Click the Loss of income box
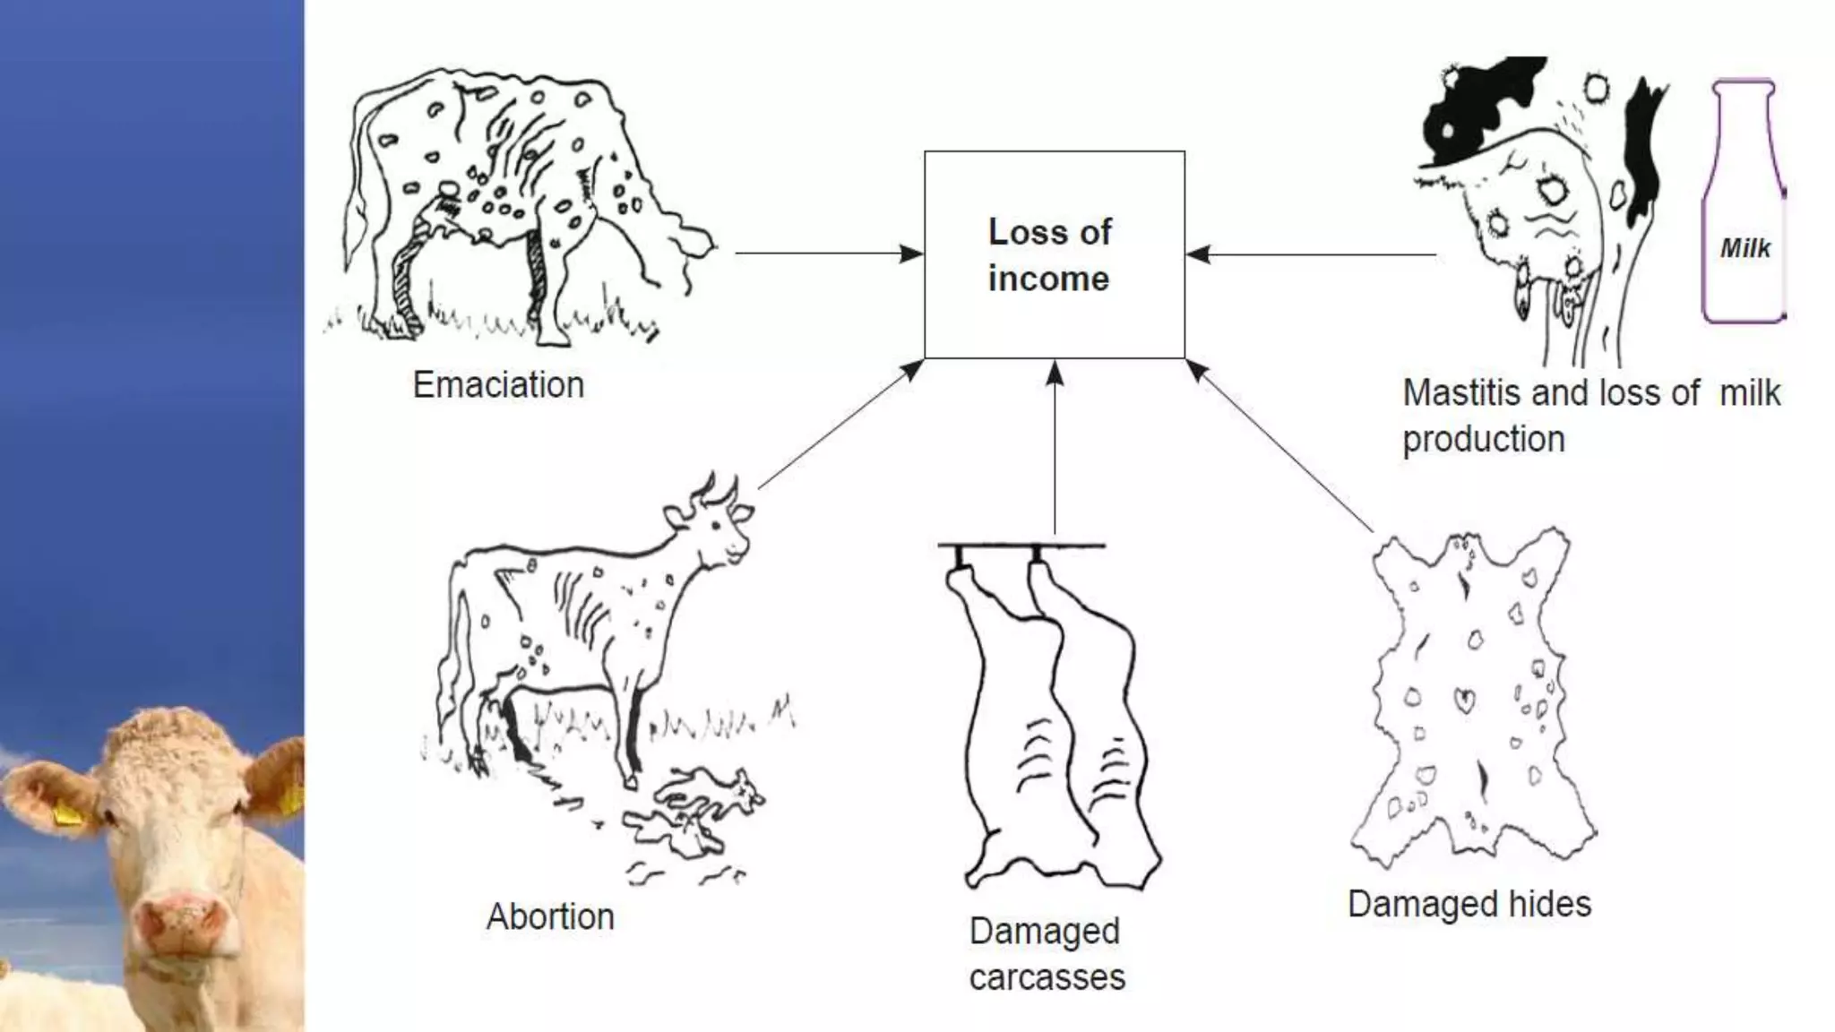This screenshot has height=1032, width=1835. click(x=1054, y=254)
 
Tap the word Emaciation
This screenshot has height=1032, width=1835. click(x=498, y=385)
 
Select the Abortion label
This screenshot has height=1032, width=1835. click(x=550, y=916)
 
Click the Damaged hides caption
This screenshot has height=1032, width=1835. click(x=1469, y=904)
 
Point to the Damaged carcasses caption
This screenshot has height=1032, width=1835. click(x=1047, y=954)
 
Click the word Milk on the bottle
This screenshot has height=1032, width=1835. click(x=1745, y=248)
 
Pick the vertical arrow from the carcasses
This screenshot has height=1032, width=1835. click(x=1055, y=448)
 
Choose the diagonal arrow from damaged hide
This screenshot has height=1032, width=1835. click(x=1281, y=447)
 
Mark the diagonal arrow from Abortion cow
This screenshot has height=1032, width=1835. click(x=840, y=425)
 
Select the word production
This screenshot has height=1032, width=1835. click(x=1483, y=440)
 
